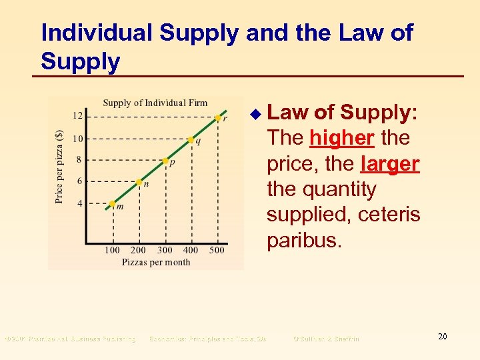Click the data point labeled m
pos(113,203)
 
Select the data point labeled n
pos(139,181)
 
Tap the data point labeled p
pos(165,161)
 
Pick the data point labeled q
pos(191,140)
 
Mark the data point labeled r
pos(217,118)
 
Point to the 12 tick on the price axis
pos(78,116)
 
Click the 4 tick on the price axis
pos(80,203)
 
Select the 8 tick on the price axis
pos(80,160)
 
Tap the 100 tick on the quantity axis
pos(112,250)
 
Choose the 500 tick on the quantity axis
pos(217,250)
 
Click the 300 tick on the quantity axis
pos(165,250)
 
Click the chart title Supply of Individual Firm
pos(155,103)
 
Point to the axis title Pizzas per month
pos(156,262)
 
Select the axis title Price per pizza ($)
pos(59,166)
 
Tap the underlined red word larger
pos(390,164)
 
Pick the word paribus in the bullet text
pos(304,240)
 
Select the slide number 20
pos(442,337)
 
